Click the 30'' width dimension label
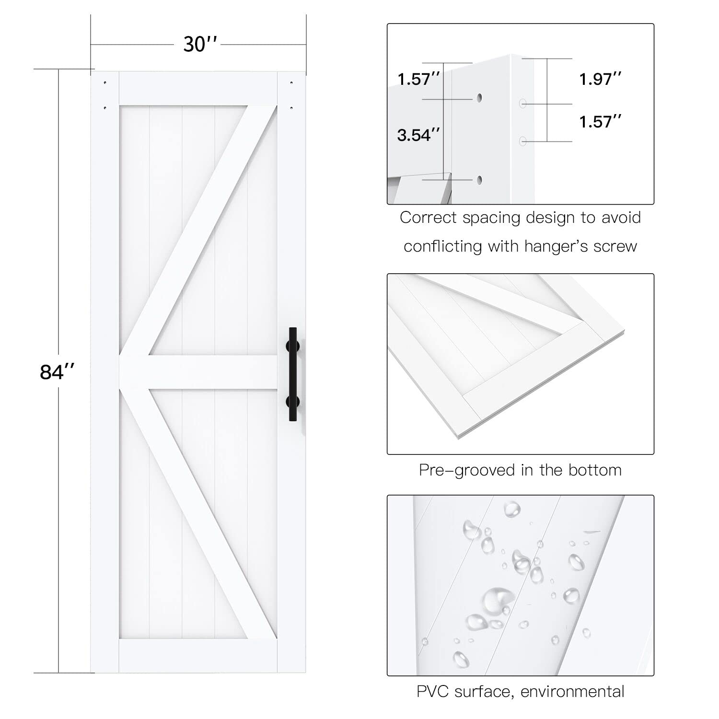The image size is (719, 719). tap(200, 44)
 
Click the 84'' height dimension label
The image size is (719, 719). tap(57, 371)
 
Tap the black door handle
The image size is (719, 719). tap(292, 374)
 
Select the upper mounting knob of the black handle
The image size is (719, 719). tap(293, 346)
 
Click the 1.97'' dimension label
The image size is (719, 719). tap(600, 79)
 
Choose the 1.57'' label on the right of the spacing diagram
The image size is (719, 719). tap(600, 122)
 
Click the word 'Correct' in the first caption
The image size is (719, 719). tap(428, 218)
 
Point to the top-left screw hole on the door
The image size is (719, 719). tap(105, 83)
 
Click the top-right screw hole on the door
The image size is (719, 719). tap(291, 83)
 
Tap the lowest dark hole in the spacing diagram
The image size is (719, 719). tap(479, 180)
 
